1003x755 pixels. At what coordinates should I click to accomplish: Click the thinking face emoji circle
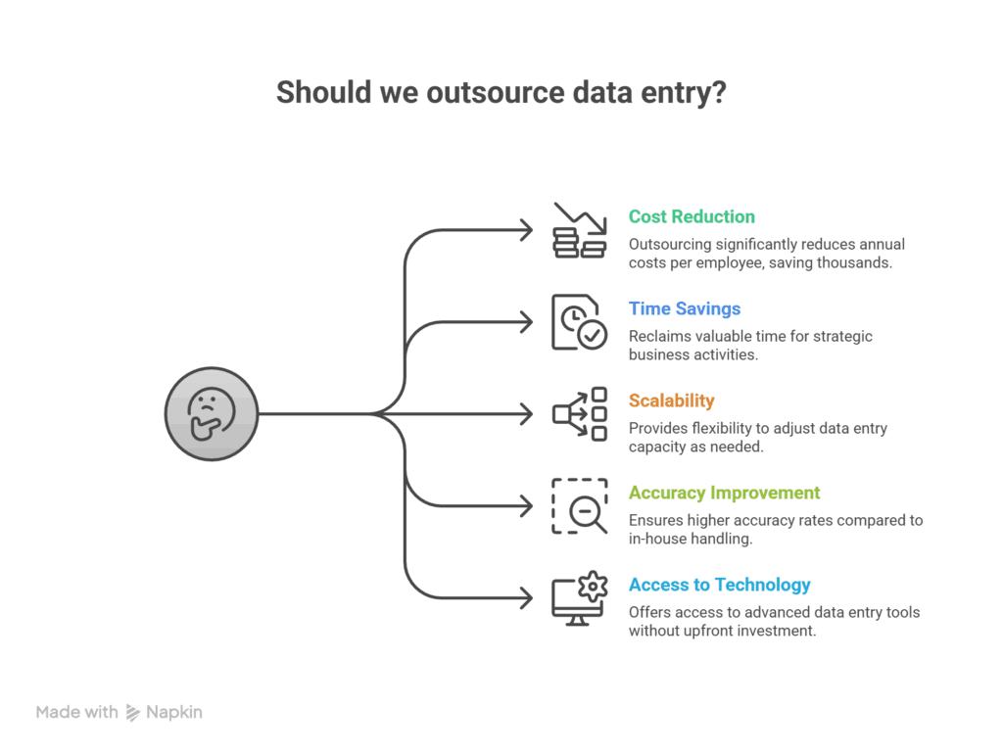click(x=211, y=413)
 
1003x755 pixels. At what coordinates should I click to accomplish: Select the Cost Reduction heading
click(x=692, y=216)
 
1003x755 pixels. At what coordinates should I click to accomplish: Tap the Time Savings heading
click(x=684, y=308)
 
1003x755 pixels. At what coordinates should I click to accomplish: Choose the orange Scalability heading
click(x=671, y=401)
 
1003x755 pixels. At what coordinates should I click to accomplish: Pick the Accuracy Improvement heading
click(x=724, y=493)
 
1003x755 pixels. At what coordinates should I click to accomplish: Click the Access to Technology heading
click(x=719, y=585)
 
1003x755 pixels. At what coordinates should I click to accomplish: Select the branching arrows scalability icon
click(x=579, y=413)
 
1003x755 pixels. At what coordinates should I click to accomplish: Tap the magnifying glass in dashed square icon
click(x=579, y=505)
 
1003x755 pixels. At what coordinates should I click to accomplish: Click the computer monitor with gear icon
click(x=579, y=597)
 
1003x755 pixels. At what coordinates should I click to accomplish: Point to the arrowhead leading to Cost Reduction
click(x=527, y=230)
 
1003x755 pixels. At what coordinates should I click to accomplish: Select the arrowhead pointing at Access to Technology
click(x=527, y=597)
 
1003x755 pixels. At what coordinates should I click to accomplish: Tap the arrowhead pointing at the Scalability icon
click(x=527, y=413)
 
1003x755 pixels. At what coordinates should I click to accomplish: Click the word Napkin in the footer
click(x=173, y=712)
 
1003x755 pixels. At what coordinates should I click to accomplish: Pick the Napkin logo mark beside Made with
click(x=133, y=713)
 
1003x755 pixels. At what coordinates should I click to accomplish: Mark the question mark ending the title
click(x=718, y=93)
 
